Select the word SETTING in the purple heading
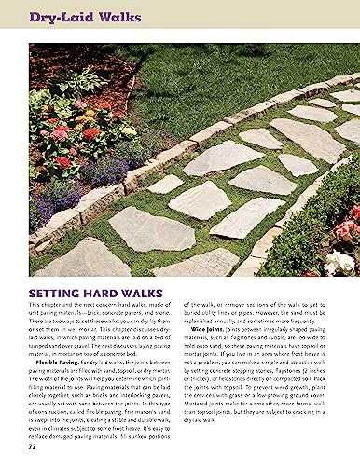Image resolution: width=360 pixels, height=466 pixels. [x=54, y=291]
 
